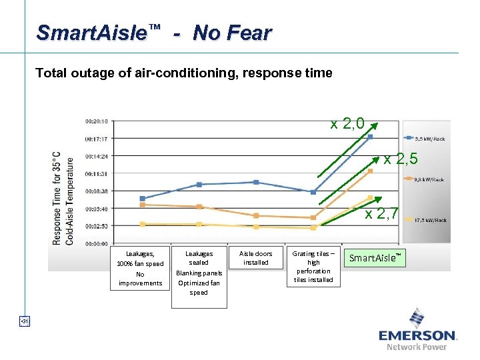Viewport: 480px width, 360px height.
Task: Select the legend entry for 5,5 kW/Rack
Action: click(429, 139)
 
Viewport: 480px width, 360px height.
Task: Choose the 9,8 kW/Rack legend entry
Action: click(429, 179)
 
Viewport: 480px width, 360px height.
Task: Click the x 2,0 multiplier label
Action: click(347, 123)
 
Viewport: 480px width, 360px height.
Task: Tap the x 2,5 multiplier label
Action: click(401, 159)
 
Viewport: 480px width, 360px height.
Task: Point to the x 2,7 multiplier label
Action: click(381, 214)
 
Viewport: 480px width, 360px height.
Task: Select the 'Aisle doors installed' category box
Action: click(255, 258)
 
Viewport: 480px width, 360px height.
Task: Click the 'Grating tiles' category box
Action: click(313, 267)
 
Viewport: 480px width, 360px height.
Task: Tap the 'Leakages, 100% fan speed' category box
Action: click(140, 268)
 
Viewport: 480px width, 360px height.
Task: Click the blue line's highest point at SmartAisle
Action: click(371, 137)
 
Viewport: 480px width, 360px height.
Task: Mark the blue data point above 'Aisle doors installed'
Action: click(256, 182)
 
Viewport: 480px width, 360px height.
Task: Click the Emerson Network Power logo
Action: click(417, 329)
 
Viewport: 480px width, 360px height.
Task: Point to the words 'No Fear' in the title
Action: click(232, 33)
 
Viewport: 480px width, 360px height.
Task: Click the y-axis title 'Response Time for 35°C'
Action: click(57, 198)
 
